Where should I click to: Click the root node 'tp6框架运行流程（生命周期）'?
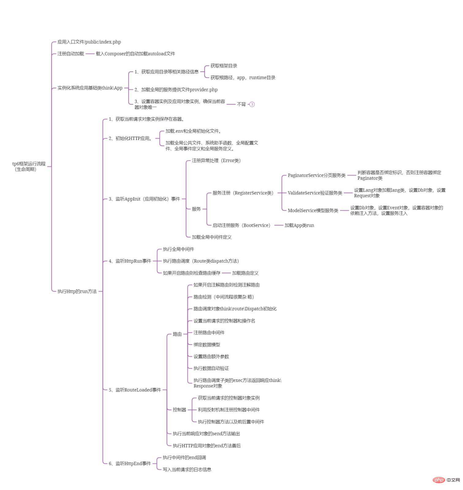pyautogui.click(x=29, y=166)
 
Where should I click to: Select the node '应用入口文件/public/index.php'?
pyautogui.click(x=89, y=42)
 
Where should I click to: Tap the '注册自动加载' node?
pyautogui.click(x=71, y=54)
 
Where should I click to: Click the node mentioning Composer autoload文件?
pyautogui.click(x=135, y=54)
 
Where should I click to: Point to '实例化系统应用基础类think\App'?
pyautogui.click(x=90, y=88)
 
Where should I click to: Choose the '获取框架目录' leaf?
pyautogui.click(x=224, y=66)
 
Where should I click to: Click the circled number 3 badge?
pyautogui.click(x=252, y=104)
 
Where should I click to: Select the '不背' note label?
pyautogui.click(x=241, y=104)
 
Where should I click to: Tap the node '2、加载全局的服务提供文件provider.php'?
pyautogui.click(x=176, y=89)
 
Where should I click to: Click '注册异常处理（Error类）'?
pyautogui.click(x=216, y=160)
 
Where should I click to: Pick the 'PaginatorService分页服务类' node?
pyautogui.click(x=317, y=175)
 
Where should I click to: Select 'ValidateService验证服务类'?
pyautogui.click(x=315, y=193)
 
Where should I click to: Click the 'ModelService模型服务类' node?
pyautogui.click(x=313, y=210)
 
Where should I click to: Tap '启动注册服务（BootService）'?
pyautogui.click(x=241, y=225)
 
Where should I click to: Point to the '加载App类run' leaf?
pyautogui.click(x=299, y=225)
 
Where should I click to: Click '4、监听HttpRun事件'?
pyautogui.click(x=130, y=261)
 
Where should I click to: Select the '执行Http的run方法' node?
pyautogui.click(x=77, y=291)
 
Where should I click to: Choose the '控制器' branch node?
pyautogui.click(x=179, y=409)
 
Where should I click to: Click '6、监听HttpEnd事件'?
pyautogui.click(x=130, y=463)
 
